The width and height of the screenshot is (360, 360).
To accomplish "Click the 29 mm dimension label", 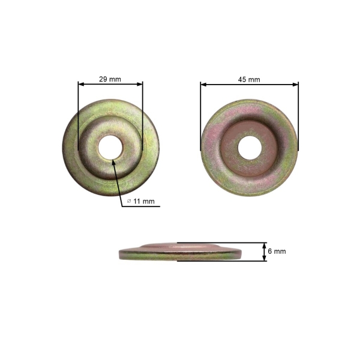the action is [110, 79].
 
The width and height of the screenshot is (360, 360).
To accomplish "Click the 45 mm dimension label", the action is [249, 80].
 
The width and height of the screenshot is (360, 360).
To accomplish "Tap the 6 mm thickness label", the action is [277, 251].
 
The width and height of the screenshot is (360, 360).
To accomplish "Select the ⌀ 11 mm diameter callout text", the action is [141, 202].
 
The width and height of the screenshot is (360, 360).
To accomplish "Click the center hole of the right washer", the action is [250, 148].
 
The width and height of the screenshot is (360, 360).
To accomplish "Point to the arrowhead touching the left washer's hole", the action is [113, 163].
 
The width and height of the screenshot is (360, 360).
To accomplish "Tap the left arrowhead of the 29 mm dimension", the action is [81, 84].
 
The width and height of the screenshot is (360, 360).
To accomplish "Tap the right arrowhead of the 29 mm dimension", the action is [140, 84].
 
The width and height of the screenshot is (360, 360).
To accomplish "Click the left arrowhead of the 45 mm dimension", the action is [203, 85].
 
